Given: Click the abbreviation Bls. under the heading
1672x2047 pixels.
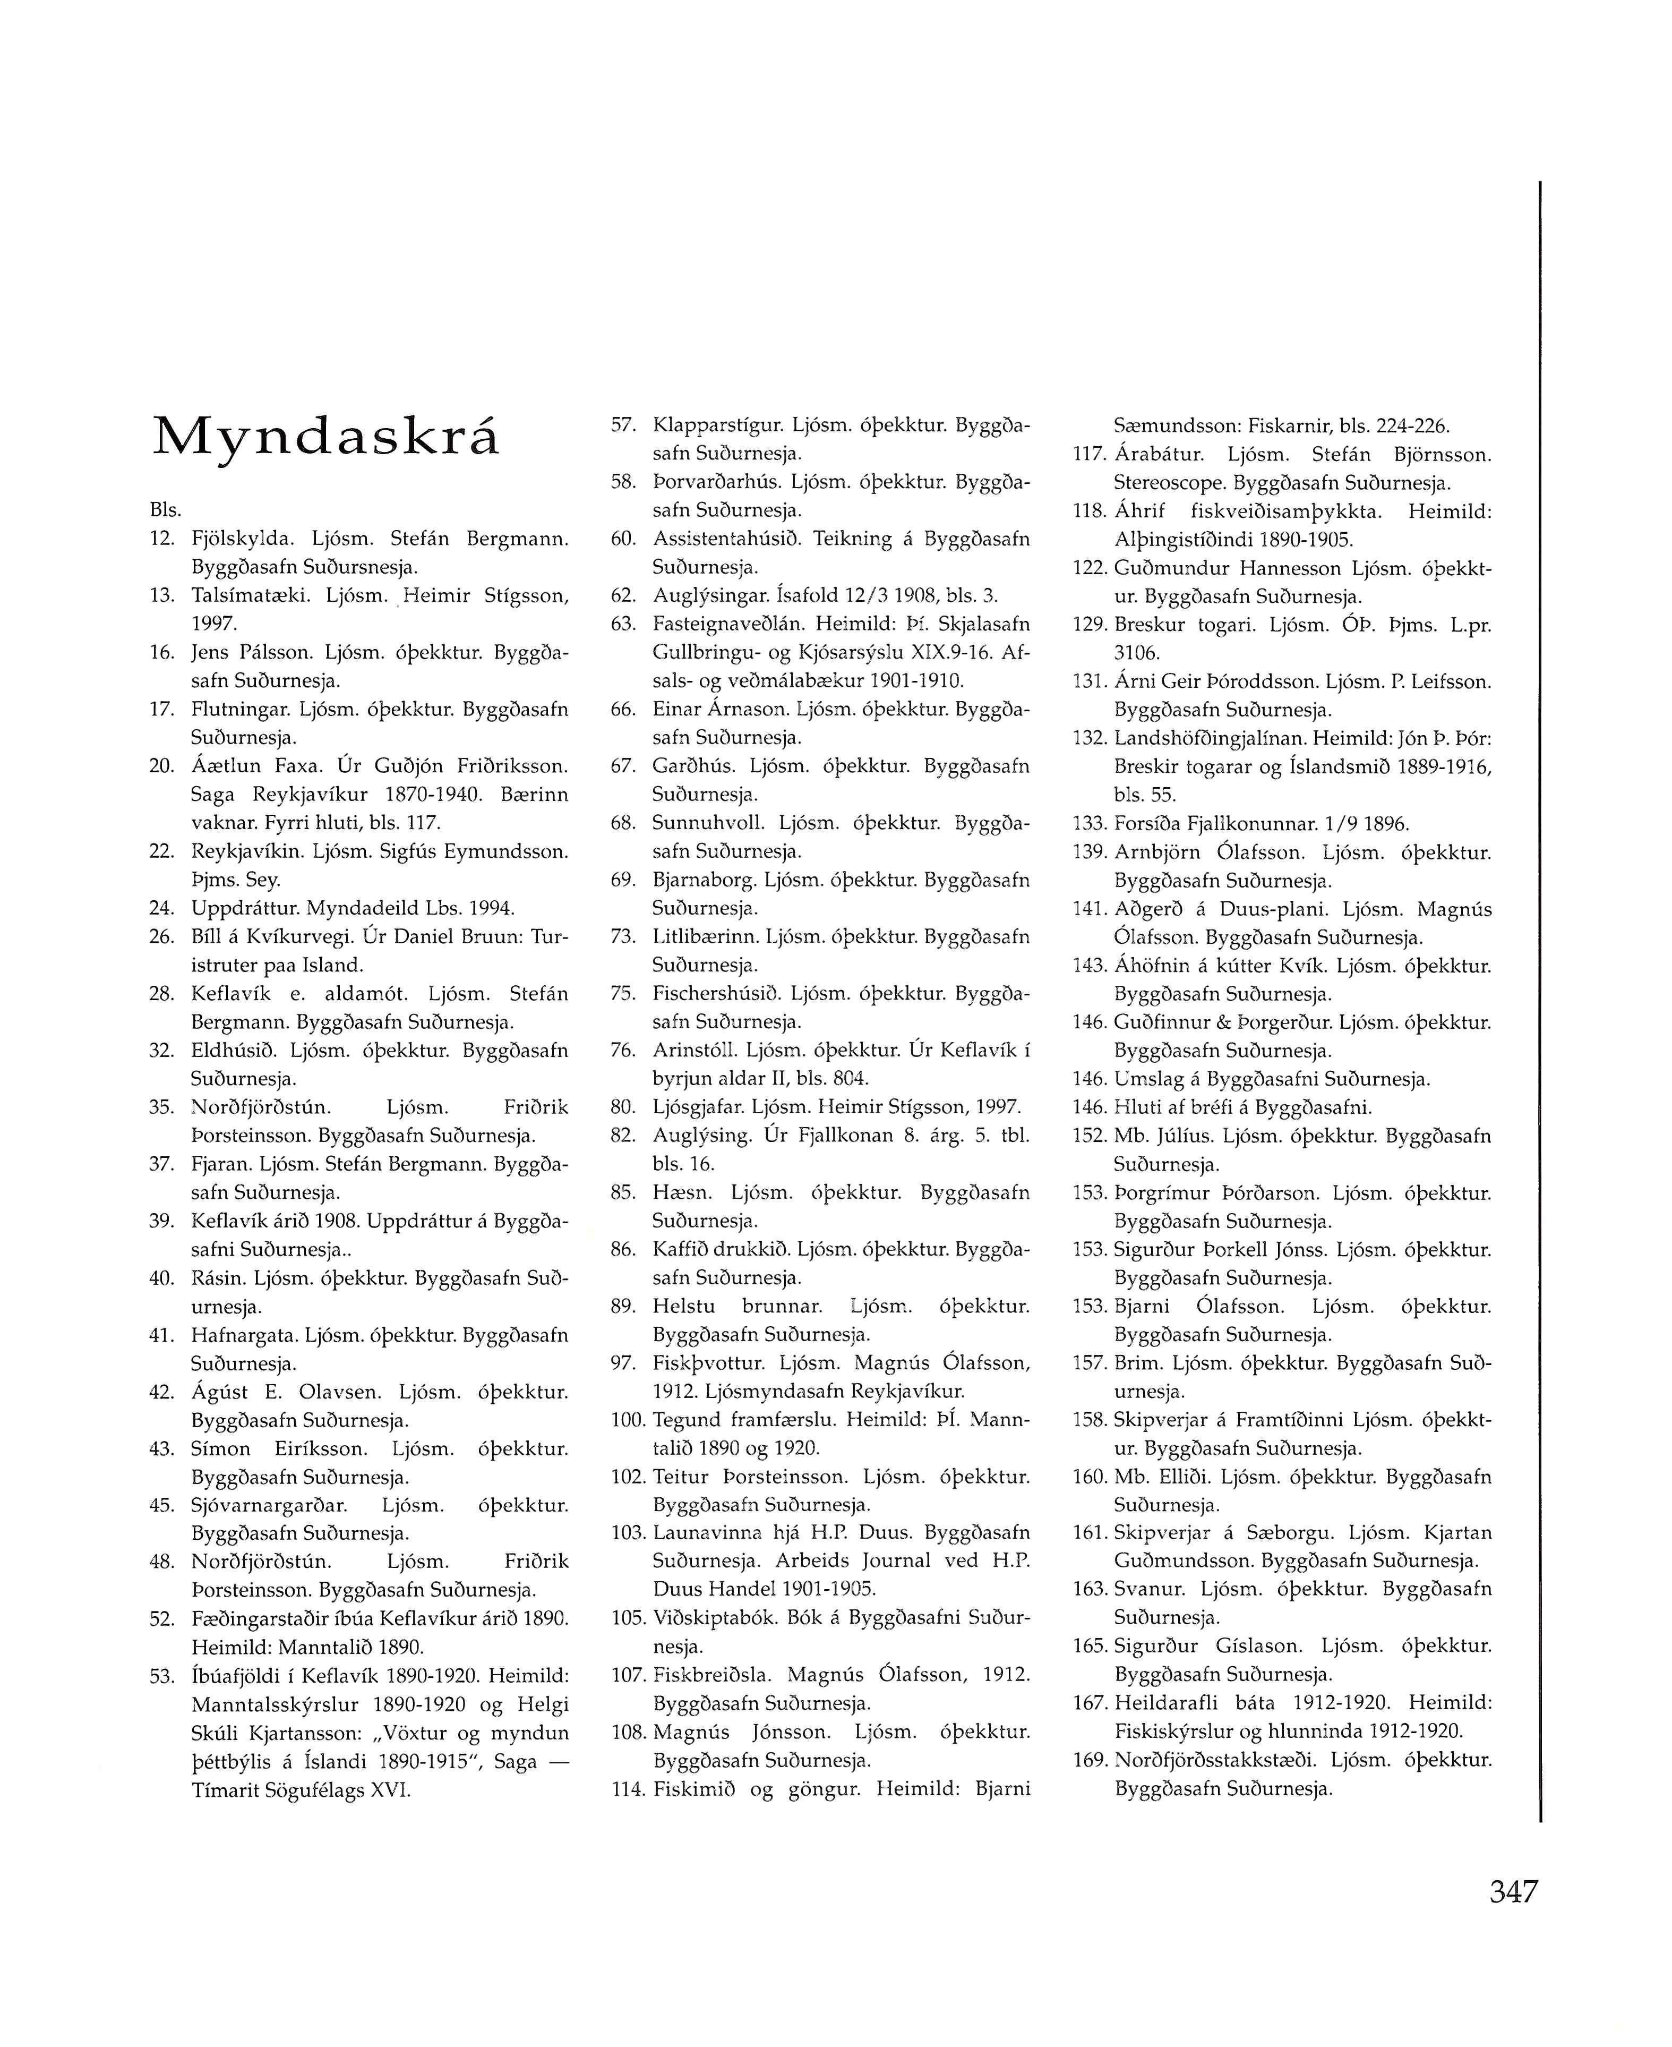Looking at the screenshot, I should click(x=166, y=509).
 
